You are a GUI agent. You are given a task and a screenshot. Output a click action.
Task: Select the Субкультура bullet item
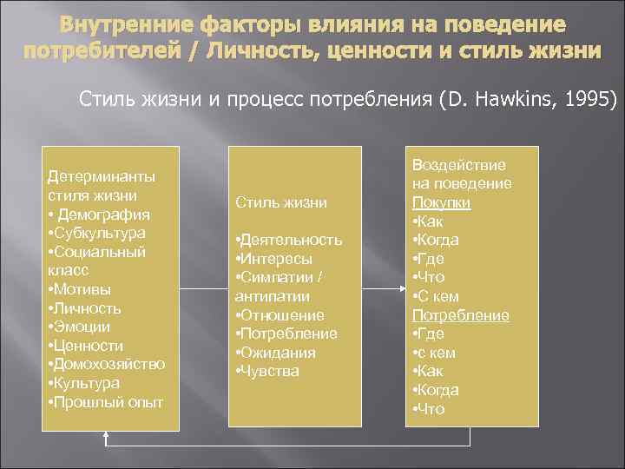[x=100, y=234]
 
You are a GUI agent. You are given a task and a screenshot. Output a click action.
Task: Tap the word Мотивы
[x=83, y=289]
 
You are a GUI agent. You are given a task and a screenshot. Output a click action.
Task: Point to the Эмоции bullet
[x=82, y=327]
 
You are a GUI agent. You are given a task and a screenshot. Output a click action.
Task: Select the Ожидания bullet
[x=279, y=353]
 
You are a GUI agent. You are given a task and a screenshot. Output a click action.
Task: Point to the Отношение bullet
[x=282, y=315]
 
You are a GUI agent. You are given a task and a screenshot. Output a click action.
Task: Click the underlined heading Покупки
[x=441, y=202]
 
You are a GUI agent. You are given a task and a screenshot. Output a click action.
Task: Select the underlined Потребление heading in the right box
[x=460, y=315]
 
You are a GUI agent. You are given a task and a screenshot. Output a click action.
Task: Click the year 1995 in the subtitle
[x=587, y=101]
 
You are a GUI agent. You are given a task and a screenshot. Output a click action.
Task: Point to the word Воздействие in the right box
[x=458, y=165]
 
